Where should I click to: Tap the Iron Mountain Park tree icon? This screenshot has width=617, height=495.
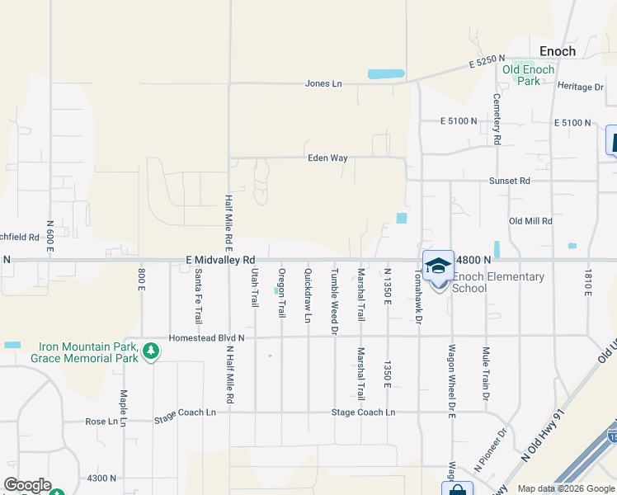tap(150, 352)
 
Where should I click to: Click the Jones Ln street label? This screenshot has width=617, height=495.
tap(323, 83)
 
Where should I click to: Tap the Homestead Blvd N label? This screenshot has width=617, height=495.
tap(206, 338)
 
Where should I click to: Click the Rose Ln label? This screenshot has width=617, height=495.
tap(101, 421)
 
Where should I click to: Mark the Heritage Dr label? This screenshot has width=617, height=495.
tap(581, 87)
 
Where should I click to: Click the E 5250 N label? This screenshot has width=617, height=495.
tap(486, 63)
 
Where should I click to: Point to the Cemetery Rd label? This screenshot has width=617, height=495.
tap(497, 119)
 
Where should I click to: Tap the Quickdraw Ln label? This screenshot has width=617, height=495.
tap(308, 295)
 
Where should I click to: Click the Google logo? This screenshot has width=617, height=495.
tap(28, 485)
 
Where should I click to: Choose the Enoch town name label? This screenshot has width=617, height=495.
tap(558, 51)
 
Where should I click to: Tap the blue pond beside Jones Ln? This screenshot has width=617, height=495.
tap(386, 73)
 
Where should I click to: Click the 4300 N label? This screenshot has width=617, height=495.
tap(101, 478)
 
